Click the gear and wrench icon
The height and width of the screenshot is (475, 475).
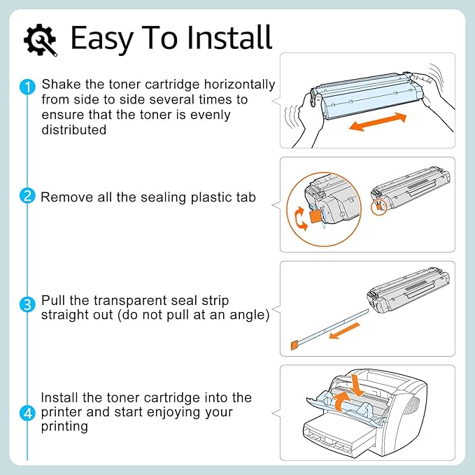(41, 40)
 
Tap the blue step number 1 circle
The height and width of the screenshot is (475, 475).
(27, 87)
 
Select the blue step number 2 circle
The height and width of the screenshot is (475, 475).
(27, 197)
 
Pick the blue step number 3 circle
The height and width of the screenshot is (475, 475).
(27, 304)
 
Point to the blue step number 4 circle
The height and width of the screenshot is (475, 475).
(27, 413)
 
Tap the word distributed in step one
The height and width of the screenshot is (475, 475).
(74, 130)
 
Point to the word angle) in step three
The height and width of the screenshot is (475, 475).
(251, 315)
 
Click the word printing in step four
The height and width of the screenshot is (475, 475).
(64, 427)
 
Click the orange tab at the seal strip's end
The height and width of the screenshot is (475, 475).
(295, 345)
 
